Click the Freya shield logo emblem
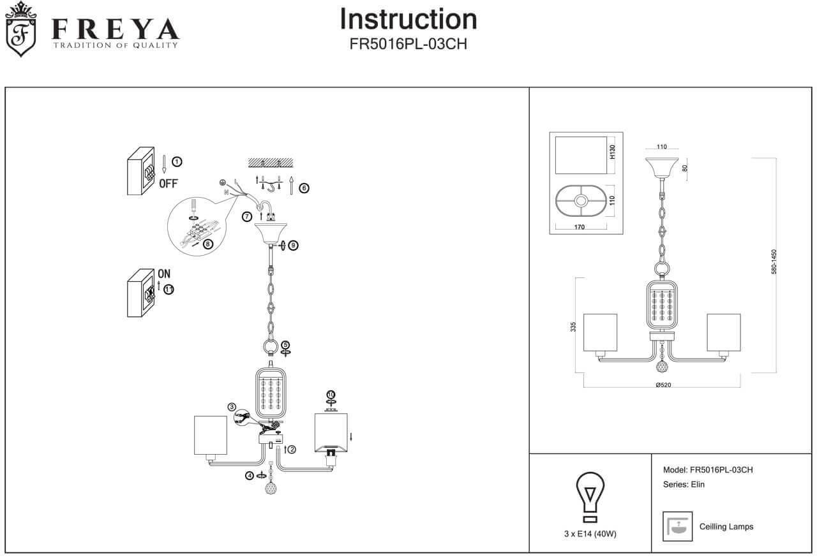point(21,31)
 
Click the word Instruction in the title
point(408,19)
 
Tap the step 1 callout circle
point(177,161)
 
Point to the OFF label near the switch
point(169,184)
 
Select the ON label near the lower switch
point(164,274)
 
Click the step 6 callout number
point(304,188)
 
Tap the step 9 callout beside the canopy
point(293,245)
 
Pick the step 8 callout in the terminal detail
point(207,244)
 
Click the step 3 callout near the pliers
point(232,407)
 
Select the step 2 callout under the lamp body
point(292,449)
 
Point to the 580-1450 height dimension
point(774,261)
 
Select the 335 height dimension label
point(573,327)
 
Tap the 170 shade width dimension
point(579,226)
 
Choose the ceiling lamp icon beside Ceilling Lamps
point(677,526)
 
